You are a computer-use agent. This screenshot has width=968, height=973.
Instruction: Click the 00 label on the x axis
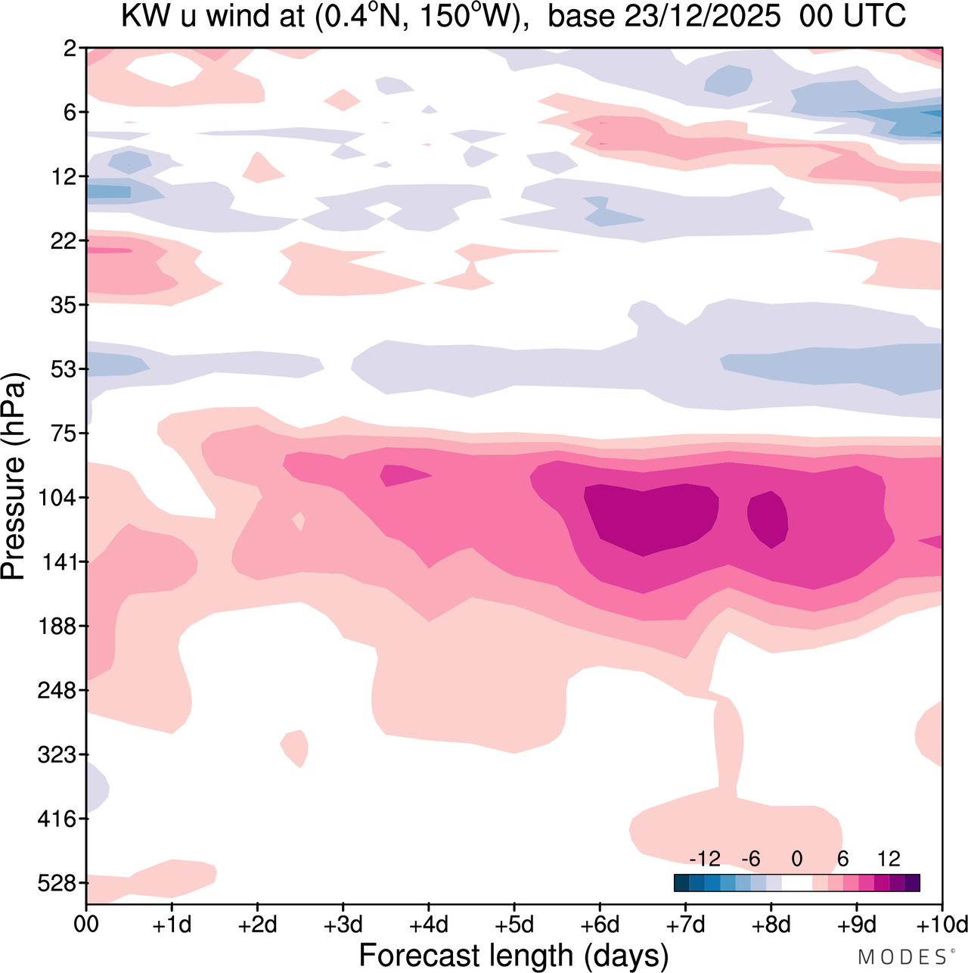click(86, 925)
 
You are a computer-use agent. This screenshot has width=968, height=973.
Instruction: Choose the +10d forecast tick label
click(942, 925)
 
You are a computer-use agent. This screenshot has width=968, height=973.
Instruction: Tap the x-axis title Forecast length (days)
click(513, 956)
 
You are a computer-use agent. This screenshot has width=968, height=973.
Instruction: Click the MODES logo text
click(901, 957)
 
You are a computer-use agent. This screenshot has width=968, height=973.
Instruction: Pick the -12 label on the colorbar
click(705, 859)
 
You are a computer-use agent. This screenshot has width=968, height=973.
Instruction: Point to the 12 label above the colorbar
click(889, 859)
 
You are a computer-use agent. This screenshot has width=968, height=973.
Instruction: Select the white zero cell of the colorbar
click(796, 883)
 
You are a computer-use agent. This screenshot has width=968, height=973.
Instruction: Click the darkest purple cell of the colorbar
click(912, 883)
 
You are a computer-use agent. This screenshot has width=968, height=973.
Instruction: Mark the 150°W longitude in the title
click(471, 17)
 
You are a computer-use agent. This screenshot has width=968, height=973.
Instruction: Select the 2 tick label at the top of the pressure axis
click(70, 48)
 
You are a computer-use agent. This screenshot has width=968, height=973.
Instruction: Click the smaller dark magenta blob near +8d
click(768, 519)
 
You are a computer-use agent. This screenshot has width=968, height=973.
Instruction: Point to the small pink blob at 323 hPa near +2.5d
click(295, 748)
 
